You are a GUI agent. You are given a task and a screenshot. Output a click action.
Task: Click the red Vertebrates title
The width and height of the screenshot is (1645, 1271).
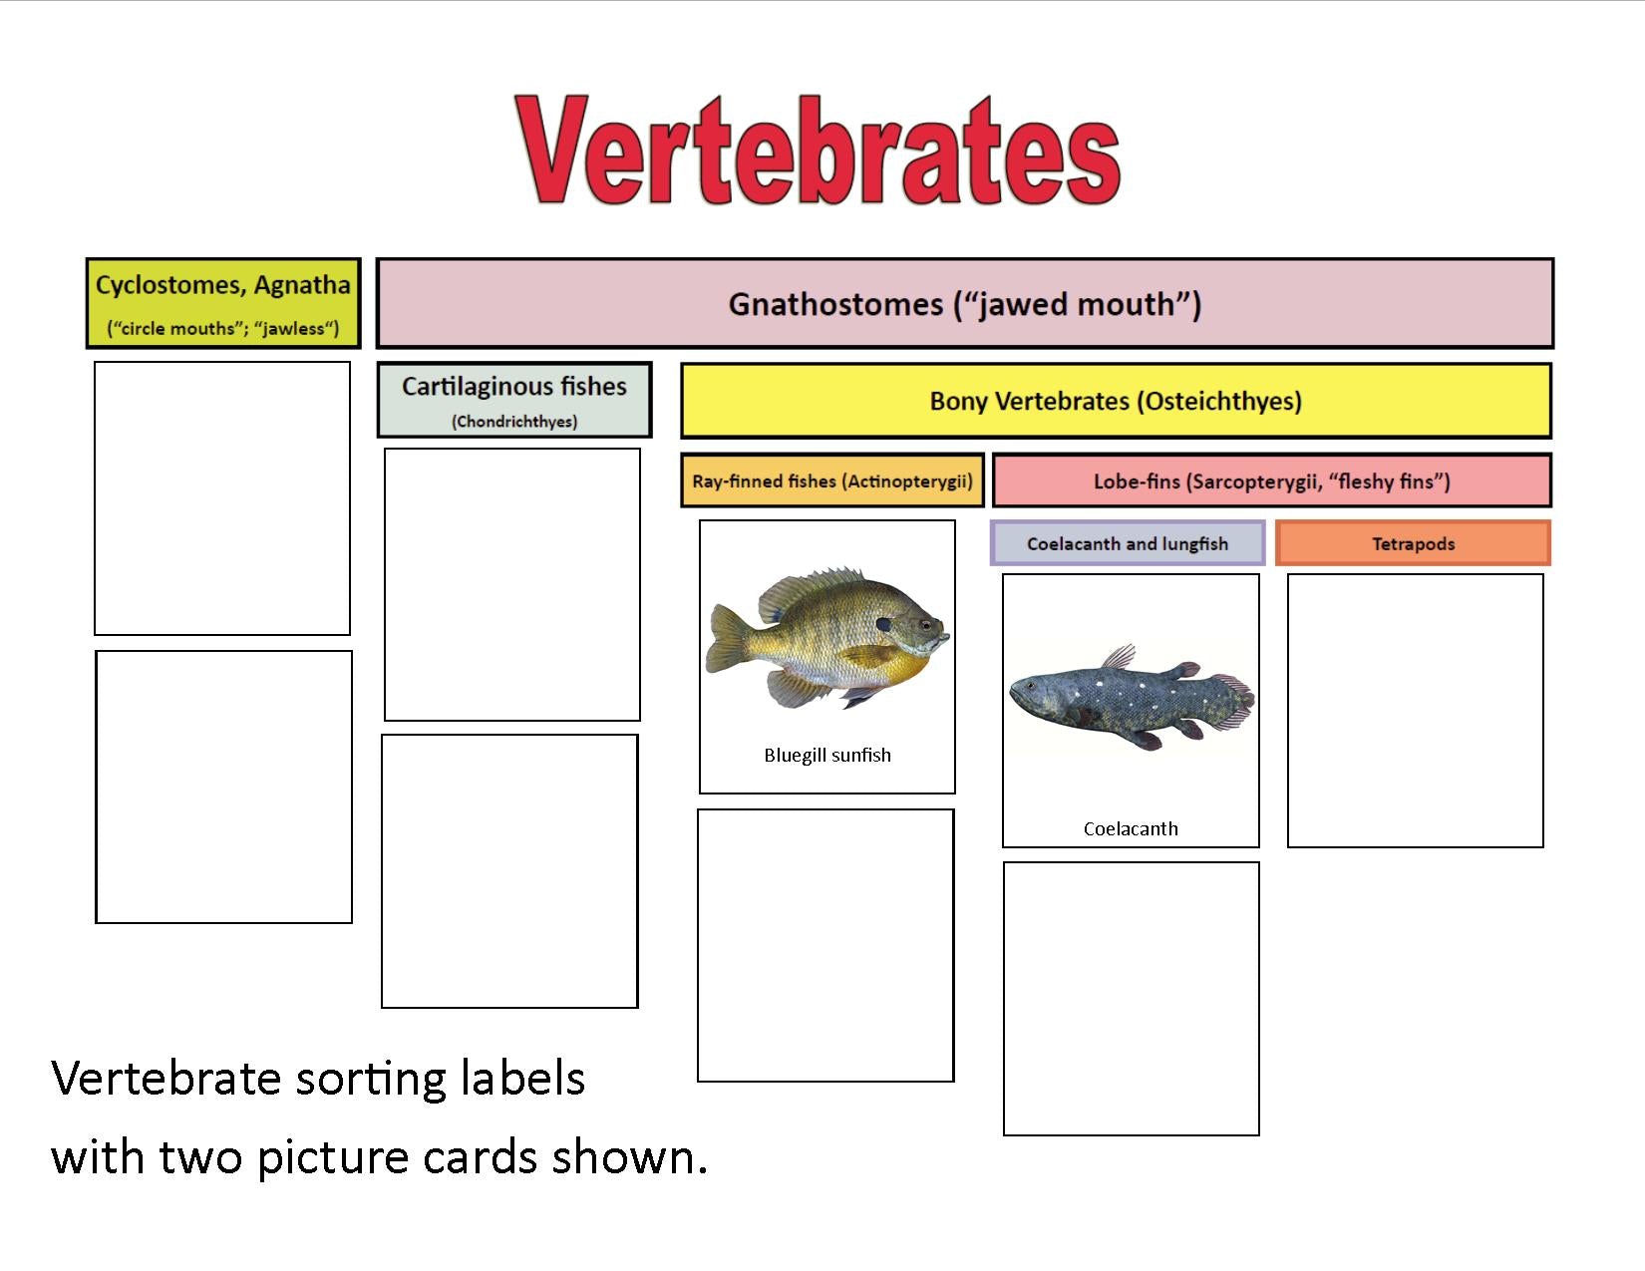point(817,150)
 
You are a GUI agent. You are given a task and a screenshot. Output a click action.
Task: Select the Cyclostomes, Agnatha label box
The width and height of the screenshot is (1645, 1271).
point(223,304)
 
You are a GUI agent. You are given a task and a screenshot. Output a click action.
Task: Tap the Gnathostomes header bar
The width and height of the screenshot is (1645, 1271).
point(964,304)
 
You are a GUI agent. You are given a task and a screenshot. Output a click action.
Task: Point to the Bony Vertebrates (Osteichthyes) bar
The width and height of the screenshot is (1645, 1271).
point(1116,401)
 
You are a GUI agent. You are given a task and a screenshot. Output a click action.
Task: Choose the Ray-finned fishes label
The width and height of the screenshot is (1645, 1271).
point(831,480)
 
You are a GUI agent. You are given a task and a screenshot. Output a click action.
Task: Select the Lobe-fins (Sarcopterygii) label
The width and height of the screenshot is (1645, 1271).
point(1272,480)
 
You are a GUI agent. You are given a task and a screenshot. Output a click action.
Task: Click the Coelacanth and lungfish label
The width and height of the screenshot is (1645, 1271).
point(1128,542)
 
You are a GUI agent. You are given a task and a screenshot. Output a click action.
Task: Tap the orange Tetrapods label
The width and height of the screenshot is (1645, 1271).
point(1414,542)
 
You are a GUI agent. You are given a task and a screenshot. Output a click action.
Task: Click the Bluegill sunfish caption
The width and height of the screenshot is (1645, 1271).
point(827,755)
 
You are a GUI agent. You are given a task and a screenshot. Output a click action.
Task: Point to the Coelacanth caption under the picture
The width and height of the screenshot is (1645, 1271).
point(1131,828)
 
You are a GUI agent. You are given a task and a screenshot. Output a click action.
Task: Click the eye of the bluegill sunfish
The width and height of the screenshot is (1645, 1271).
point(925,625)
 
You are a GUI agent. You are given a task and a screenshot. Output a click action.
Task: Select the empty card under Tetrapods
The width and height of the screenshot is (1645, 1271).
point(1415,710)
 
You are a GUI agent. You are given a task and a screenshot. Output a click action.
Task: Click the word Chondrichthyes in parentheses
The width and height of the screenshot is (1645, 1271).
point(514,422)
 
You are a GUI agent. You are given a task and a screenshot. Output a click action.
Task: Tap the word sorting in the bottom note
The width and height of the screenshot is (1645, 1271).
point(370,1080)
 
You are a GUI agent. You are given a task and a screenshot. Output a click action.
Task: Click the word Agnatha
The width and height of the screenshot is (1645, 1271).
point(302,285)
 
